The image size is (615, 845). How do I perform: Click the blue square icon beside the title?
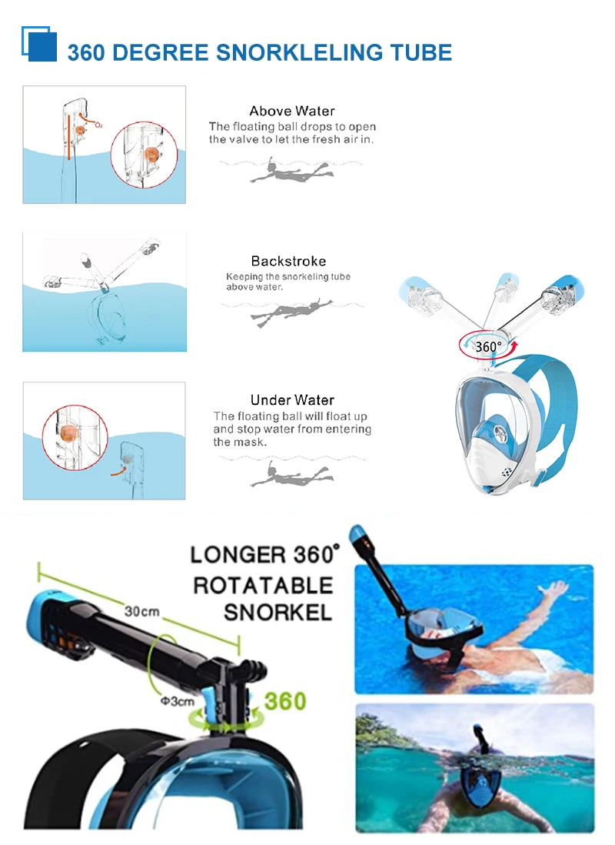click(x=39, y=44)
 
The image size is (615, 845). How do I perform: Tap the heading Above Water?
click(x=292, y=111)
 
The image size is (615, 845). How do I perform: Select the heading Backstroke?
click(x=288, y=261)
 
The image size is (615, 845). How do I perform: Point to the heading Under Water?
click(x=292, y=400)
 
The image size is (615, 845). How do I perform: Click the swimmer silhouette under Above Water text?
click(x=291, y=170)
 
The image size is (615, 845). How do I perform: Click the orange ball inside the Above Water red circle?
click(x=151, y=154)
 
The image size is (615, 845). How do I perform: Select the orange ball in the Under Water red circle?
click(x=68, y=433)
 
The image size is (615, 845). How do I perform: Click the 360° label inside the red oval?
click(x=488, y=346)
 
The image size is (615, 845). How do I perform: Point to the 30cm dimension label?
click(x=141, y=611)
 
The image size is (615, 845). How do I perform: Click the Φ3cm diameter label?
click(x=177, y=701)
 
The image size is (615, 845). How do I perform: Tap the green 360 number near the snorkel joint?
click(x=285, y=701)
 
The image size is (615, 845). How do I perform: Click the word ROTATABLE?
click(x=264, y=585)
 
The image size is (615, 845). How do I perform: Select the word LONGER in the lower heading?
click(x=238, y=555)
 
